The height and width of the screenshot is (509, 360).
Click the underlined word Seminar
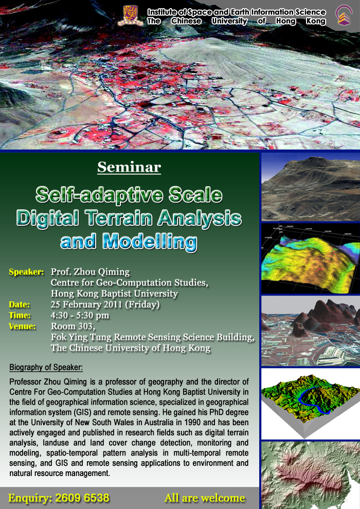pyautogui.click(x=129, y=167)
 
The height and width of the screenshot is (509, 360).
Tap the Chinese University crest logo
pyautogui.click(x=130, y=15)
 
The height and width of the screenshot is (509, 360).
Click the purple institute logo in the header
pyautogui.click(x=344, y=15)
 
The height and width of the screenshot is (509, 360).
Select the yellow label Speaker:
pyautogui.click(x=26, y=271)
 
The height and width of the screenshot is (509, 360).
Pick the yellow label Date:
pyautogui.click(x=19, y=304)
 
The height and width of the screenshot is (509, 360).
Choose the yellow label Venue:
pyautogui.click(x=22, y=326)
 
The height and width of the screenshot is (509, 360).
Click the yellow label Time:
pyautogui.click(x=20, y=315)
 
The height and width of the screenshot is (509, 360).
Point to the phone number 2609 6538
pyautogui.click(x=82, y=498)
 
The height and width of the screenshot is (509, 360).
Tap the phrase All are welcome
pyautogui.click(x=205, y=498)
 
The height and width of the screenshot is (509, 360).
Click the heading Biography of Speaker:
pyautogui.click(x=46, y=368)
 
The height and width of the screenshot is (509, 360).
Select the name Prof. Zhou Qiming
pyautogui.click(x=90, y=271)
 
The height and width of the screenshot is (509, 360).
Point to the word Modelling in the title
pyautogui.click(x=150, y=242)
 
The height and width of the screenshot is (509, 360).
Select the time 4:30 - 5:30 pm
pyautogui.click(x=80, y=315)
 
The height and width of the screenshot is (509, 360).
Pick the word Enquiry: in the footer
pyautogui.click(x=29, y=498)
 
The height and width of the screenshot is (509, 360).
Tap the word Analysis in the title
pyautogui.click(x=200, y=218)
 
